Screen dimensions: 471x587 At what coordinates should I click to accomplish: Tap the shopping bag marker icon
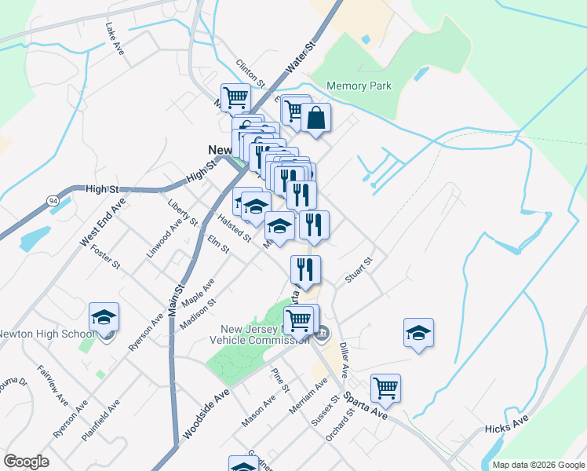coord(315,119)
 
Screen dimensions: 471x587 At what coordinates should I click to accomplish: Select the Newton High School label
coord(46,334)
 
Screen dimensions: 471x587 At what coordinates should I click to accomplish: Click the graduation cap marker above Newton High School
coord(104,317)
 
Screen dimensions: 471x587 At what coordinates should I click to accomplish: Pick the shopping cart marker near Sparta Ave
coord(385,387)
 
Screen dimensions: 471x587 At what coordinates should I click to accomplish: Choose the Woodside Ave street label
coord(207,413)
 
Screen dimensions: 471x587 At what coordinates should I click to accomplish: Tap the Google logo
coord(26,462)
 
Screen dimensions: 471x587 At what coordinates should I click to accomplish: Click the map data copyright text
coord(538,465)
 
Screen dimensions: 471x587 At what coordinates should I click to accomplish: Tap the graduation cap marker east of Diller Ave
coord(418,333)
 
